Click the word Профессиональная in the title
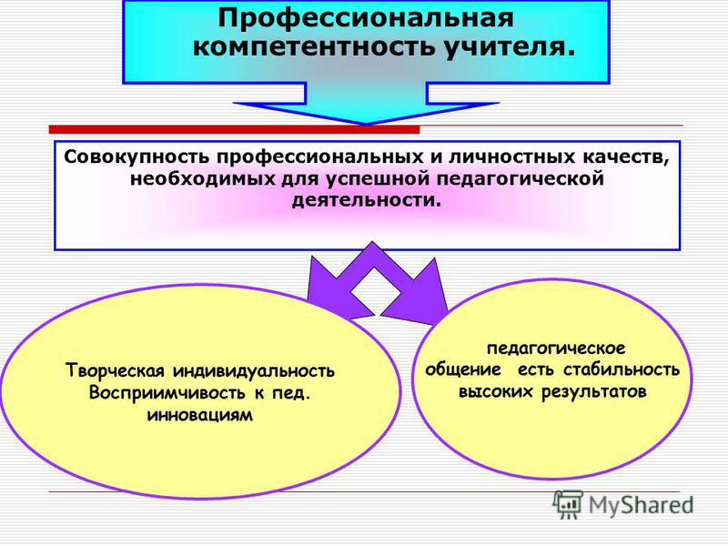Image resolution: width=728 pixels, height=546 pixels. (x=366, y=18)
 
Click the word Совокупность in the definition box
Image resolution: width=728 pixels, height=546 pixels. (x=137, y=157)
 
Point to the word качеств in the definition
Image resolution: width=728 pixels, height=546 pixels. (x=625, y=157)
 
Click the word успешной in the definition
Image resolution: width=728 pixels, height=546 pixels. (x=379, y=179)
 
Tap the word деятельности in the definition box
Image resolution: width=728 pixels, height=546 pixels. (x=367, y=201)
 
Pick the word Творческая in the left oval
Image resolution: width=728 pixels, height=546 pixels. (x=116, y=371)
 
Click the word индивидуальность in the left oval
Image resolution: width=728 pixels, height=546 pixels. (x=254, y=371)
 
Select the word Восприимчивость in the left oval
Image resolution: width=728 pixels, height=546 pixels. (x=167, y=393)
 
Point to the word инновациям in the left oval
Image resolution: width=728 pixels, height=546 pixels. (x=200, y=415)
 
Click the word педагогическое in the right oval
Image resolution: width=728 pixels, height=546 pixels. (x=556, y=349)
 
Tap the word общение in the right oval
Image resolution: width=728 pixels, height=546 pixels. (x=463, y=370)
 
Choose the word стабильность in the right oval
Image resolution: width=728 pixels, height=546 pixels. (x=622, y=370)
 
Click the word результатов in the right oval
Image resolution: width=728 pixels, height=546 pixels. (x=594, y=392)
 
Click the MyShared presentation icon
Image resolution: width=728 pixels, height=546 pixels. (x=568, y=504)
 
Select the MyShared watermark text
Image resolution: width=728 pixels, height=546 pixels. (x=642, y=505)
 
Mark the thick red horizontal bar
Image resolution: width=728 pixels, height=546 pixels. (x=234, y=129)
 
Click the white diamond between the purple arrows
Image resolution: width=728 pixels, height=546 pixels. (x=376, y=291)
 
